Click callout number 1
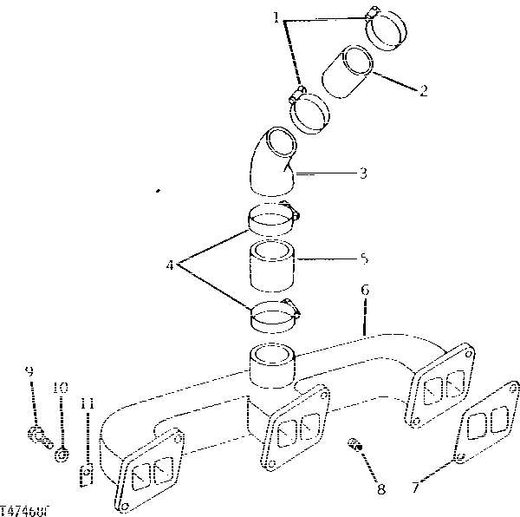pos(276,17)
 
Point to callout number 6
pos(366,289)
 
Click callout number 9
pos(29,371)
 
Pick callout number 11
pos(87,403)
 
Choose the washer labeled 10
pos(62,455)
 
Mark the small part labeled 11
pos(87,474)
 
